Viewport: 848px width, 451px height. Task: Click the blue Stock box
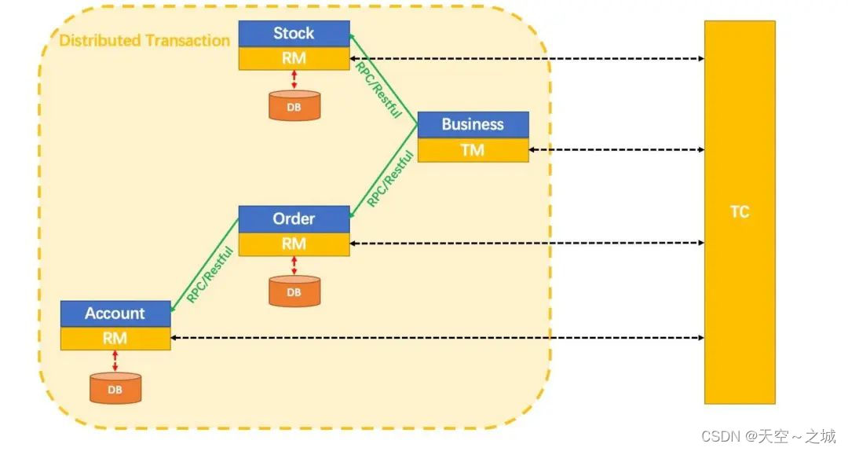click(294, 34)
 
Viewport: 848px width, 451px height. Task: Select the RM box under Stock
click(294, 58)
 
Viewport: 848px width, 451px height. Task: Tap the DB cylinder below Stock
click(294, 105)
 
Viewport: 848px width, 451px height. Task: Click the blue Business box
click(473, 124)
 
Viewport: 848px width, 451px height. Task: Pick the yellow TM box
click(473, 150)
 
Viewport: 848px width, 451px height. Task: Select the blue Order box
click(294, 219)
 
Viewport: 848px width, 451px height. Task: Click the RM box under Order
click(294, 244)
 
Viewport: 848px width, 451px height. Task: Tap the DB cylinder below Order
click(294, 291)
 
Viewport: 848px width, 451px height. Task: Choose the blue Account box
click(115, 313)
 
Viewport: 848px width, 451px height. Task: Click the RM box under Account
click(115, 339)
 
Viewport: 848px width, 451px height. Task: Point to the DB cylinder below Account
click(115, 387)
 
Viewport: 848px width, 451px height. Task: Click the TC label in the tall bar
click(740, 211)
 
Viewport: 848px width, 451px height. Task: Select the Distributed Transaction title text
click(144, 41)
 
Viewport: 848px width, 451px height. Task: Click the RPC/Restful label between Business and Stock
click(378, 90)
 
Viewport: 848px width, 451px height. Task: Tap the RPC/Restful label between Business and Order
click(390, 178)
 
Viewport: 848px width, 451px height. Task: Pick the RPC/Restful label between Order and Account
click(210, 274)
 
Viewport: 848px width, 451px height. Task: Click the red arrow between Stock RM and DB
click(294, 79)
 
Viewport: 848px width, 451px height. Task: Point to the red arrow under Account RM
click(115, 361)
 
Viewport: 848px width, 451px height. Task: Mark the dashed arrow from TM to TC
click(616, 149)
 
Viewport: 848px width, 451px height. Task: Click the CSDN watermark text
click(769, 436)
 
